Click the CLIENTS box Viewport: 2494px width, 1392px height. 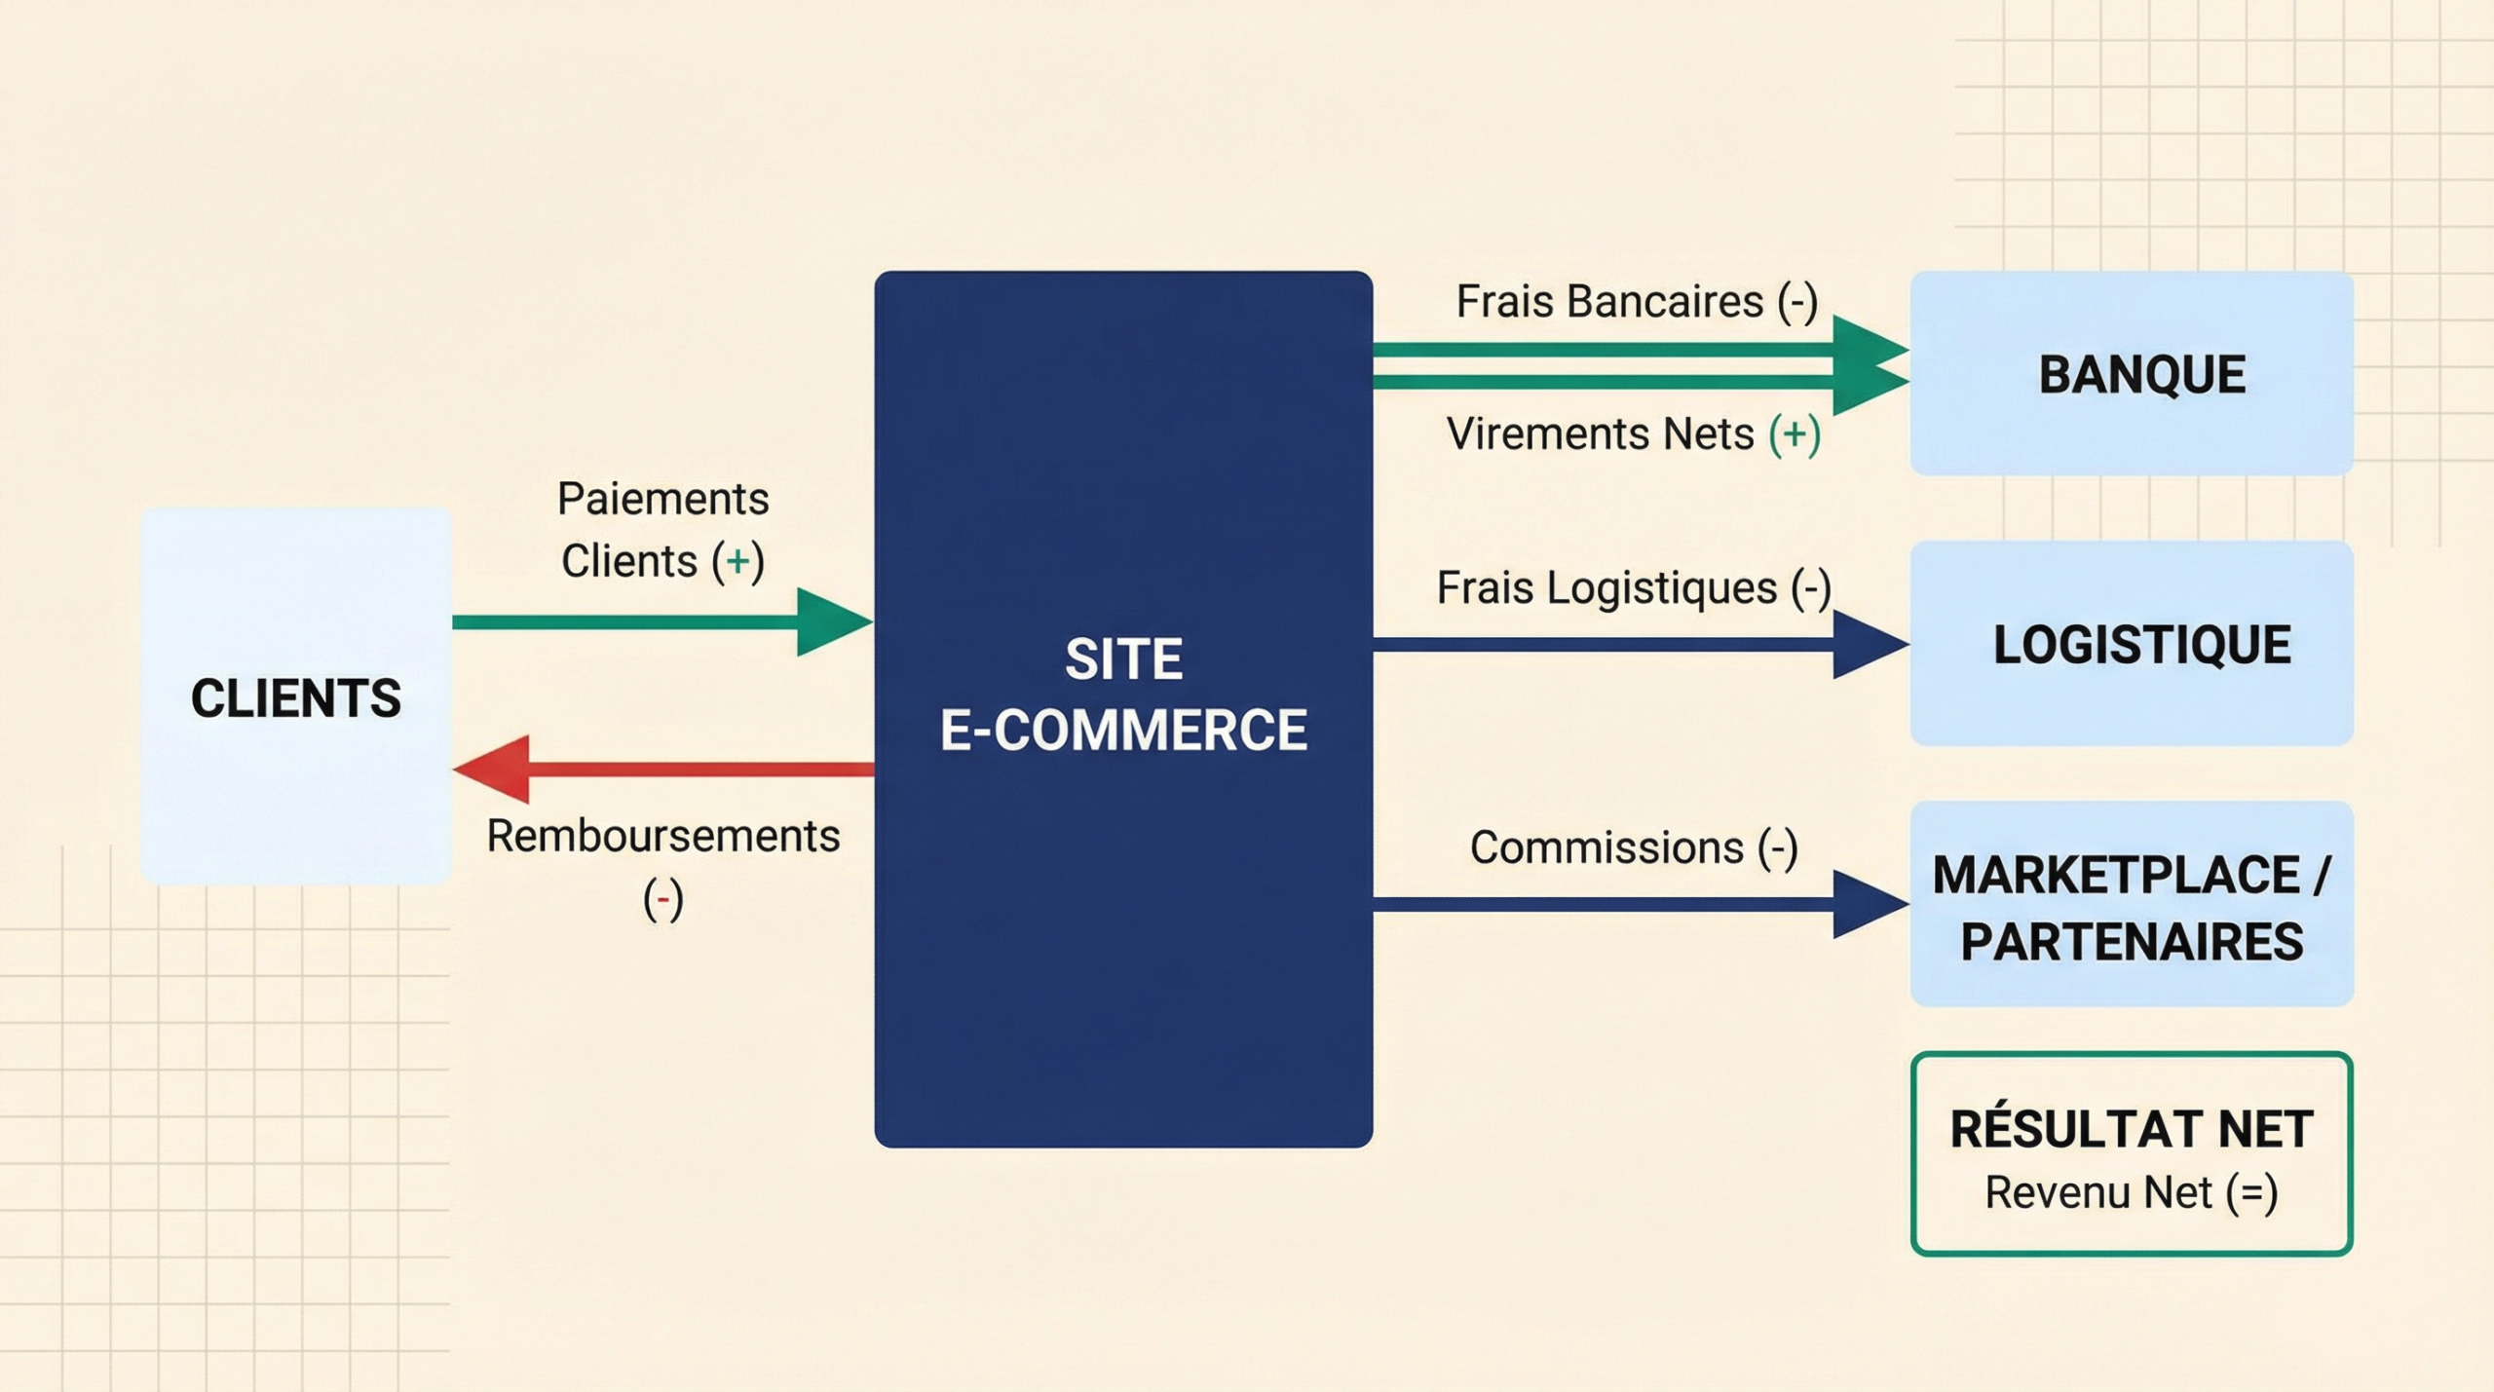pos(295,696)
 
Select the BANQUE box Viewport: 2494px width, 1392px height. pos(2132,374)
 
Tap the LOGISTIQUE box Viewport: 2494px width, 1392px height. pos(2132,644)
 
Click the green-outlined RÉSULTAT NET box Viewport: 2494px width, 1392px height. pos(2132,1154)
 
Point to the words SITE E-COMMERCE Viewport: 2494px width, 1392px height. pos(1123,694)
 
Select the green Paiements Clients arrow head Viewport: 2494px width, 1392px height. pos(830,621)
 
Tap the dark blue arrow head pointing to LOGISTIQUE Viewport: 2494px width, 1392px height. pos(1866,644)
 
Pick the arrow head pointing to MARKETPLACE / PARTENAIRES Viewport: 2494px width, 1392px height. pos(1866,904)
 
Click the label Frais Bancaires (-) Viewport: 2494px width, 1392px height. pos(1637,301)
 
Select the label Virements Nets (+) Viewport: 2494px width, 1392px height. pos(1633,433)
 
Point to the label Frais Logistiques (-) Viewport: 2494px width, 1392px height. pos(1634,587)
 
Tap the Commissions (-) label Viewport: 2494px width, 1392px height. pos(1634,847)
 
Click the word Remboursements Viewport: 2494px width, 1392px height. pos(662,836)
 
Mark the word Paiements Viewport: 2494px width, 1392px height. pos(662,499)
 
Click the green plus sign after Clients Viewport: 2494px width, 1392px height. pos(737,561)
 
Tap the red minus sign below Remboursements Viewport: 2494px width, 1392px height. pos(662,898)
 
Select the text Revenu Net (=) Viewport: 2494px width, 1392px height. pos(2132,1192)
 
